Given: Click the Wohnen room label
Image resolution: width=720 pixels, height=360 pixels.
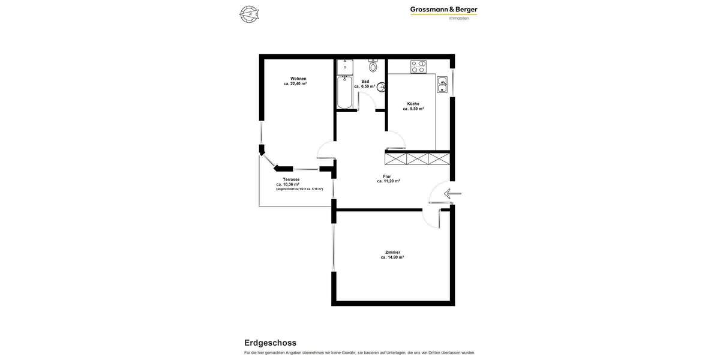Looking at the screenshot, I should pyautogui.click(x=298, y=79).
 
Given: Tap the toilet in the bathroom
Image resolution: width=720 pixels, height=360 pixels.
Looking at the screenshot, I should pyautogui.click(x=373, y=66).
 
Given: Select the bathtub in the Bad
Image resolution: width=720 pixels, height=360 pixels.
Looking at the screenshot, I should pyautogui.click(x=344, y=93).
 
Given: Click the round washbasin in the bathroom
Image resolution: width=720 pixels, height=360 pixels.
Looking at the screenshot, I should pyautogui.click(x=381, y=87).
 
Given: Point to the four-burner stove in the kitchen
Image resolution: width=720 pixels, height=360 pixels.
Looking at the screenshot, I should pyautogui.click(x=418, y=67).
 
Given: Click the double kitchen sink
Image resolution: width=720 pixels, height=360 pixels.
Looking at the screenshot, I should pyautogui.click(x=442, y=85).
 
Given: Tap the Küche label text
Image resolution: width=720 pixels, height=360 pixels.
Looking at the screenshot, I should pyautogui.click(x=413, y=104).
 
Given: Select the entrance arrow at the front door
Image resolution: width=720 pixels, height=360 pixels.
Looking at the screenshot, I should pyautogui.click(x=452, y=193).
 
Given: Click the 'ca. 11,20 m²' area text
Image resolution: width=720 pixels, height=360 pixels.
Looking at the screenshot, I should pyautogui.click(x=388, y=181).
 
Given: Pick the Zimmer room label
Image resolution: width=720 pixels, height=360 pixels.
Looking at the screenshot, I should pyautogui.click(x=392, y=252).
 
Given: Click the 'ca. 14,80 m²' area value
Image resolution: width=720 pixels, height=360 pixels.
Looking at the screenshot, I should pyautogui.click(x=392, y=257).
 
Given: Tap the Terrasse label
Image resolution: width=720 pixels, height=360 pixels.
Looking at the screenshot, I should pyautogui.click(x=291, y=179).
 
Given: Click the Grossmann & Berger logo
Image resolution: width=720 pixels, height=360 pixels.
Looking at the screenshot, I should pyautogui.click(x=443, y=10).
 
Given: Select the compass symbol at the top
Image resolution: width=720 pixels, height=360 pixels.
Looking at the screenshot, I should pyautogui.click(x=249, y=14).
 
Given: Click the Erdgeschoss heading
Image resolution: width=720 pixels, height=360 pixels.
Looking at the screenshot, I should pyautogui.click(x=270, y=343).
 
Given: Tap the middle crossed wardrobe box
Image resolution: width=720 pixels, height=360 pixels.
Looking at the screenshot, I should pyautogui.click(x=418, y=159).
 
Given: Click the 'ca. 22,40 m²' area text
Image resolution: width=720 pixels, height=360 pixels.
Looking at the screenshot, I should pyautogui.click(x=295, y=84).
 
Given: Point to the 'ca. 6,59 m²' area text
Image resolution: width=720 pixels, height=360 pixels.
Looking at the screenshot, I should pyautogui.click(x=364, y=86).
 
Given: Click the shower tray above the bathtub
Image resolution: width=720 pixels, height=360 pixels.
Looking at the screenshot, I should pyautogui.click(x=344, y=67).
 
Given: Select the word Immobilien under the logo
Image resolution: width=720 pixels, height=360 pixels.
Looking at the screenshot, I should pyautogui.click(x=459, y=19).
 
